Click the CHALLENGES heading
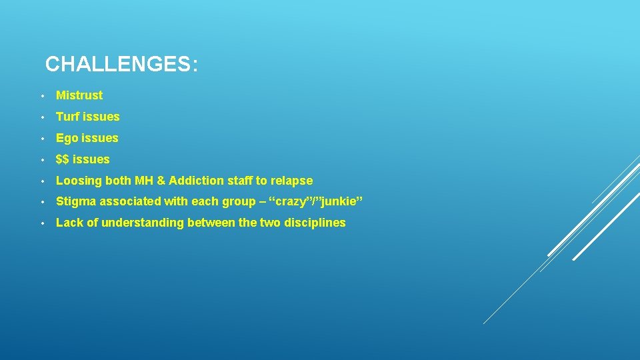[x=121, y=65]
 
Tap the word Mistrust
[x=79, y=95]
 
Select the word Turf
[x=67, y=117]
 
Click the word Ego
[x=67, y=139]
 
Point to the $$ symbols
[x=63, y=159]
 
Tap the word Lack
[x=68, y=223]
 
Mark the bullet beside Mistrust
[x=41, y=96]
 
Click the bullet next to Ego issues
[x=41, y=139]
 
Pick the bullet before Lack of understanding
[x=41, y=223]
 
